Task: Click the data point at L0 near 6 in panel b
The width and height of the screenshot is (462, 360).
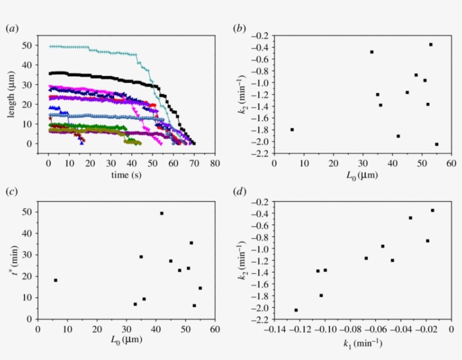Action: coord(292,130)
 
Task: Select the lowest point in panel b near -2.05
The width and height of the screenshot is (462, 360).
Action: coord(437,144)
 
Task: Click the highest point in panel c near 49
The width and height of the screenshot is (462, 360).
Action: coord(162,214)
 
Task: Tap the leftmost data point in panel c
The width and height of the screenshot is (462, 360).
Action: coord(55,280)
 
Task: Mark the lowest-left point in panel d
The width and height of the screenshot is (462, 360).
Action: coord(296,310)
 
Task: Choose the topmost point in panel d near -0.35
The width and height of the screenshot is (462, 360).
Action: coord(432,210)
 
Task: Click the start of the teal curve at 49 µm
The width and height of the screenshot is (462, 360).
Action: coord(51,47)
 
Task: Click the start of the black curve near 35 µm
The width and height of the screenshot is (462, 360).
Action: coord(51,74)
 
